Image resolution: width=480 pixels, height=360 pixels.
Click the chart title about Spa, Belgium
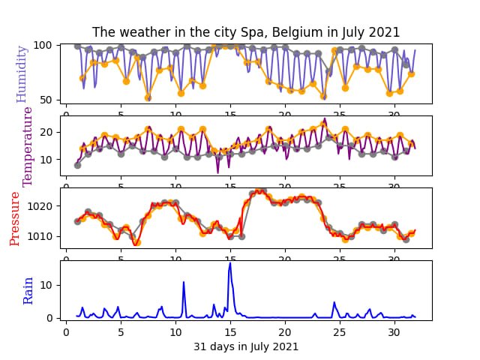click(x=246, y=32)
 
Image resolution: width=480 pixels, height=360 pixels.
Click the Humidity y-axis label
click(x=21, y=73)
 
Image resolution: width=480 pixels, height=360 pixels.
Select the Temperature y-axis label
click(x=28, y=145)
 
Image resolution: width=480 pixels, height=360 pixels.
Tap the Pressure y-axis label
click(x=14, y=218)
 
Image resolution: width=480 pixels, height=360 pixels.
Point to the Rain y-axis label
click(x=28, y=290)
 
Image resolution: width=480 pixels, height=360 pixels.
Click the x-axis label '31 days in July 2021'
click(x=246, y=346)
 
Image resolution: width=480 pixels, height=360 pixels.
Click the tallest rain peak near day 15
click(x=230, y=263)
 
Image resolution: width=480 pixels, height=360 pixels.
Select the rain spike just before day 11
click(x=184, y=283)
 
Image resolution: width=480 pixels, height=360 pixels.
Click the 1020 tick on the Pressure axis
click(x=39, y=205)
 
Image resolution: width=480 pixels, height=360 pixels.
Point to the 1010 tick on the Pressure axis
click(x=39, y=236)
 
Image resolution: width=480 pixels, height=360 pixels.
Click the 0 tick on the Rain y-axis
click(x=49, y=318)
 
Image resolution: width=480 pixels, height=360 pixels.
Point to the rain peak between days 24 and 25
click(x=334, y=303)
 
